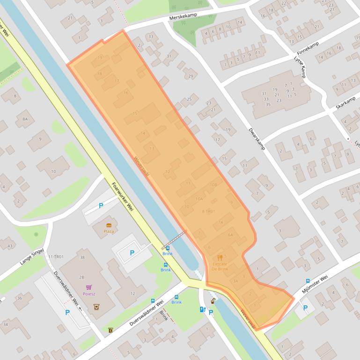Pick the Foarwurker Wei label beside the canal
click(x=123, y=196)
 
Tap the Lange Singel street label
click(x=32, y=257)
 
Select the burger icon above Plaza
click(x=109, y=225)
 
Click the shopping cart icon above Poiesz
click(x=88, y=287)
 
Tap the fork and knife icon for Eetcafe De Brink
click(x=220, y=257)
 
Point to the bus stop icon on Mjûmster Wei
click(x=308, y=281)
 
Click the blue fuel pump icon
click(x=202, y=309)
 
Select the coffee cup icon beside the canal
click(x=213, y=301)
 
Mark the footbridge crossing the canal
click(x=174, y=240)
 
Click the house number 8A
click(x=25, y=119)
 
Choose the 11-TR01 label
click(x=56, y=257)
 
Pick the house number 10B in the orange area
click(x=213, y=185)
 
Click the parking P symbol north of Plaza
click(x=101, y=206)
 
